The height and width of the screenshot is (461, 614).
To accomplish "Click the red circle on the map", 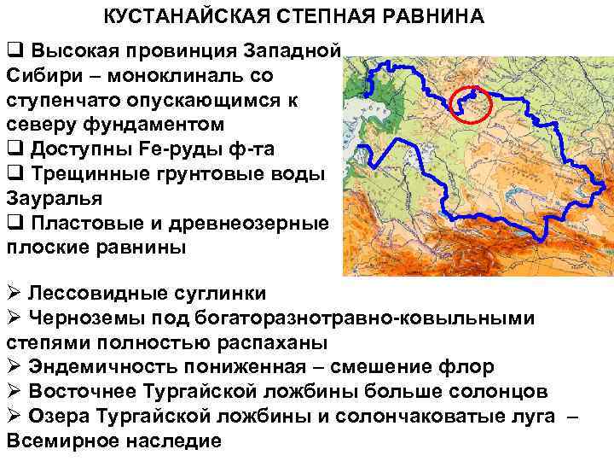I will click(468, 105).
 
